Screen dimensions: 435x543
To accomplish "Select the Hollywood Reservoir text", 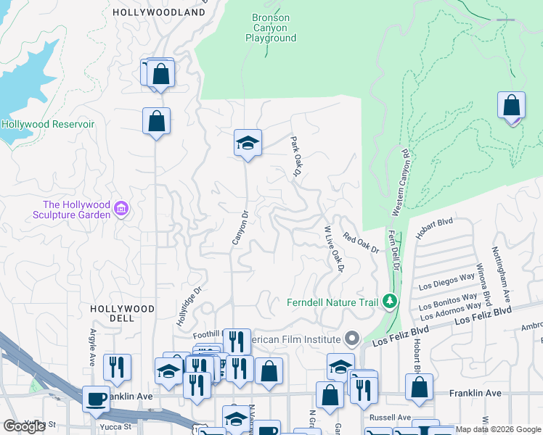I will [x=48, y=124].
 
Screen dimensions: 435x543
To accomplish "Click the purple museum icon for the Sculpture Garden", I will [x=121, y=210].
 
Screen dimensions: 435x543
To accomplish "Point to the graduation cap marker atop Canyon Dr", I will [x=248, y=143].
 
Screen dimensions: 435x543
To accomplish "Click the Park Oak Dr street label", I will [x=295, y=157].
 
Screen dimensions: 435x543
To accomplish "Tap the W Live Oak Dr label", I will [x=333, y=248].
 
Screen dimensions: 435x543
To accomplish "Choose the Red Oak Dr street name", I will [x=361, y=243].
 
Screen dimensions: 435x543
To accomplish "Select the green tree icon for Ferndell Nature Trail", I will [x=391, y=301].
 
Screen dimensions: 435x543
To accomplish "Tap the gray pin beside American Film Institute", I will [x=353, y=339].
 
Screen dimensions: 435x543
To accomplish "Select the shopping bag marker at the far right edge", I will [x=512, y=105].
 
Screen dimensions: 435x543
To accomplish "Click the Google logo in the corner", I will [x=24, y=426].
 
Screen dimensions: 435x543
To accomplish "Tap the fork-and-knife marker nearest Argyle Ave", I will [x=117, y=368].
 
